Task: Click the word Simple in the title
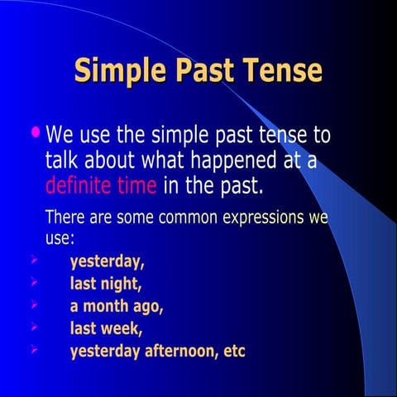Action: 121,71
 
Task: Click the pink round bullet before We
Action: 35,132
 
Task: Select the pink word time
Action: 136,184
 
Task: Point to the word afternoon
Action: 177,351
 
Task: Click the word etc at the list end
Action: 235,351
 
